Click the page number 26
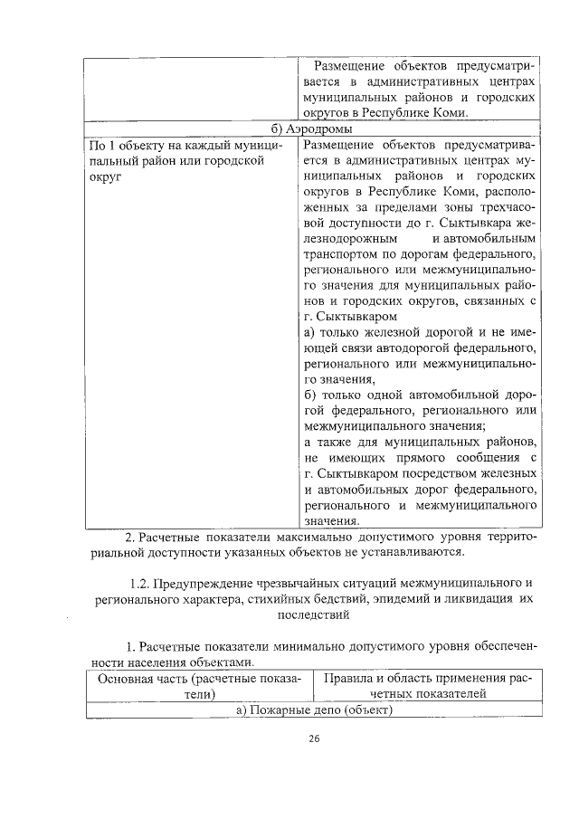[x=314, y=738]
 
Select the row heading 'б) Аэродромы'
[x=313, y=128]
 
